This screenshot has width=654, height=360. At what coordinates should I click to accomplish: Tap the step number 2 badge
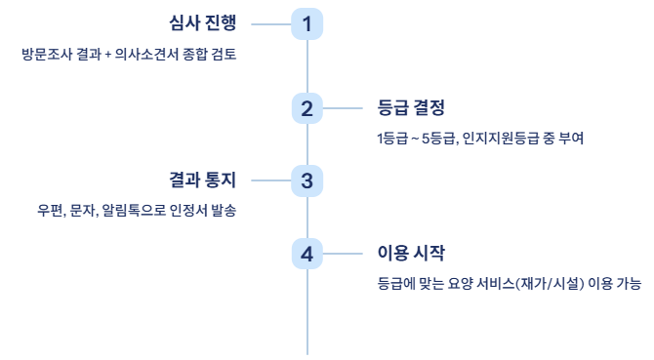coord(307,107)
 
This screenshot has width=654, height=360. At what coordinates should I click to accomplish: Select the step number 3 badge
coord(307,180)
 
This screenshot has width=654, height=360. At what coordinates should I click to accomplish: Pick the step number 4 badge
coord(307,255)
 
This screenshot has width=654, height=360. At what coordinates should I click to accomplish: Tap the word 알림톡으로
coord(134,211)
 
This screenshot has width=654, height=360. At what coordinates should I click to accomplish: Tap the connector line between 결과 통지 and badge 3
coord(270,180)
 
